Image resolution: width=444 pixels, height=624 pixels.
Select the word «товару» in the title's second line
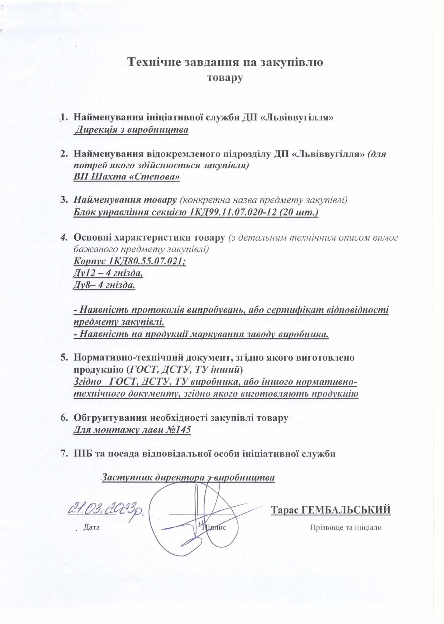[x=225, y=78]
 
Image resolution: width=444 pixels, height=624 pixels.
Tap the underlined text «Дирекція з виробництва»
[x=132, y=130]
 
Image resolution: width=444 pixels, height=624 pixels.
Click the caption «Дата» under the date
[x=92, y=527]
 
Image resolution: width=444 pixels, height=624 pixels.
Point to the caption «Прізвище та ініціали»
[x=346, y=527]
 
